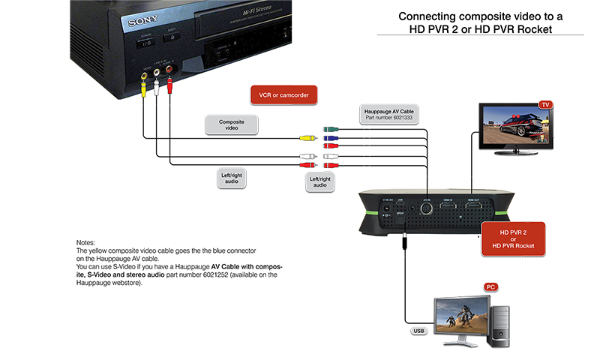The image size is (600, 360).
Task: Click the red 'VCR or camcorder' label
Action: click(x=283, y=94)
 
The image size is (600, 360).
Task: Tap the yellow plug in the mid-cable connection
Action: click(x=307, y=137)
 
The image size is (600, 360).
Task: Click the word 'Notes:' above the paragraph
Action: click(x=85, y=242)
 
